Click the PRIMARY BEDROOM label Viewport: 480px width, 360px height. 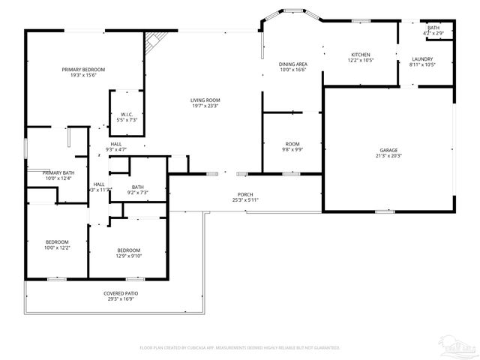82,69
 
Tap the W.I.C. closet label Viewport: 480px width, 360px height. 127,115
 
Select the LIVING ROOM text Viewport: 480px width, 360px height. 204,100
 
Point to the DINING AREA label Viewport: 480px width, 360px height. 293,64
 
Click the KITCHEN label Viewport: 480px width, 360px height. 361,55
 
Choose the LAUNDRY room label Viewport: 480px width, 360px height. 422,59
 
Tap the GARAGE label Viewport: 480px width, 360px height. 388,149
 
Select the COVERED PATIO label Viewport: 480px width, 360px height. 120,293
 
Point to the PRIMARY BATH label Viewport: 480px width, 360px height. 58,172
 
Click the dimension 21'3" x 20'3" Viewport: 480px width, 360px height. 388,155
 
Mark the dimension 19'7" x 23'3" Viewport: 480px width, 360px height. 204,106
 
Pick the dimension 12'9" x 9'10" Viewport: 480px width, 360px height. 128,256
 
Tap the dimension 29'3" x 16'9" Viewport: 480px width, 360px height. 120,299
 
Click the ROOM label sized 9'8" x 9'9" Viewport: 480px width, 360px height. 292,143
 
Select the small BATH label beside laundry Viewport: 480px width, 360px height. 433,28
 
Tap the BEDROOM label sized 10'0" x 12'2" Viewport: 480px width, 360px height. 57,241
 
